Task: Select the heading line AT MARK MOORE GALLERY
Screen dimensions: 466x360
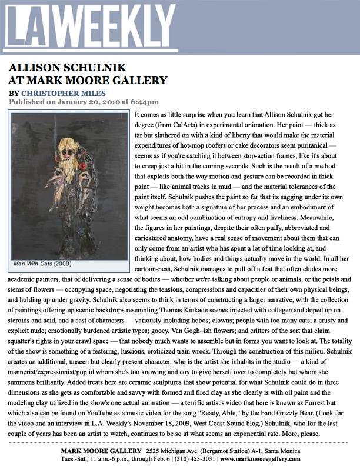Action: [x=88, y=80]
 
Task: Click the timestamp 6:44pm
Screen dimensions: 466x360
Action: [x=145, y=101]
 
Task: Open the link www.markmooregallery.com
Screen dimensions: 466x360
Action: [x=262, y=459]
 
